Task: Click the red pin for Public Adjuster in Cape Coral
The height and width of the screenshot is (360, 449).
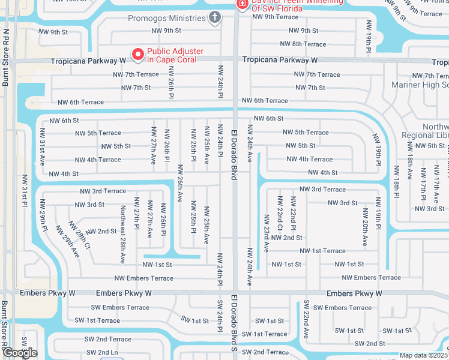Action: [x=137, y=55]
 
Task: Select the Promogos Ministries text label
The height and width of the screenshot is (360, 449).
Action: [x=166, y=18]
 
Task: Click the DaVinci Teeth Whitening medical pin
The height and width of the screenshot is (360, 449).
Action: [x=242, y=4]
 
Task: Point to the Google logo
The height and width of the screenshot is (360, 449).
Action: [x=20, y=353]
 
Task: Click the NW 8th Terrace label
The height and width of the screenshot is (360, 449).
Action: [x=304, y=44]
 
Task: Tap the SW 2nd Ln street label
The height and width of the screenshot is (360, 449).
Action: [x=101, y=352]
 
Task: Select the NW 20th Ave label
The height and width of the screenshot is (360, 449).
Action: [x=365, y=227]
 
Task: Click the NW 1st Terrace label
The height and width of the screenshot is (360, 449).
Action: [x=322, y=251]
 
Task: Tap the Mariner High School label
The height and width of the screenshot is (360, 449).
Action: [x=420, y=85]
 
